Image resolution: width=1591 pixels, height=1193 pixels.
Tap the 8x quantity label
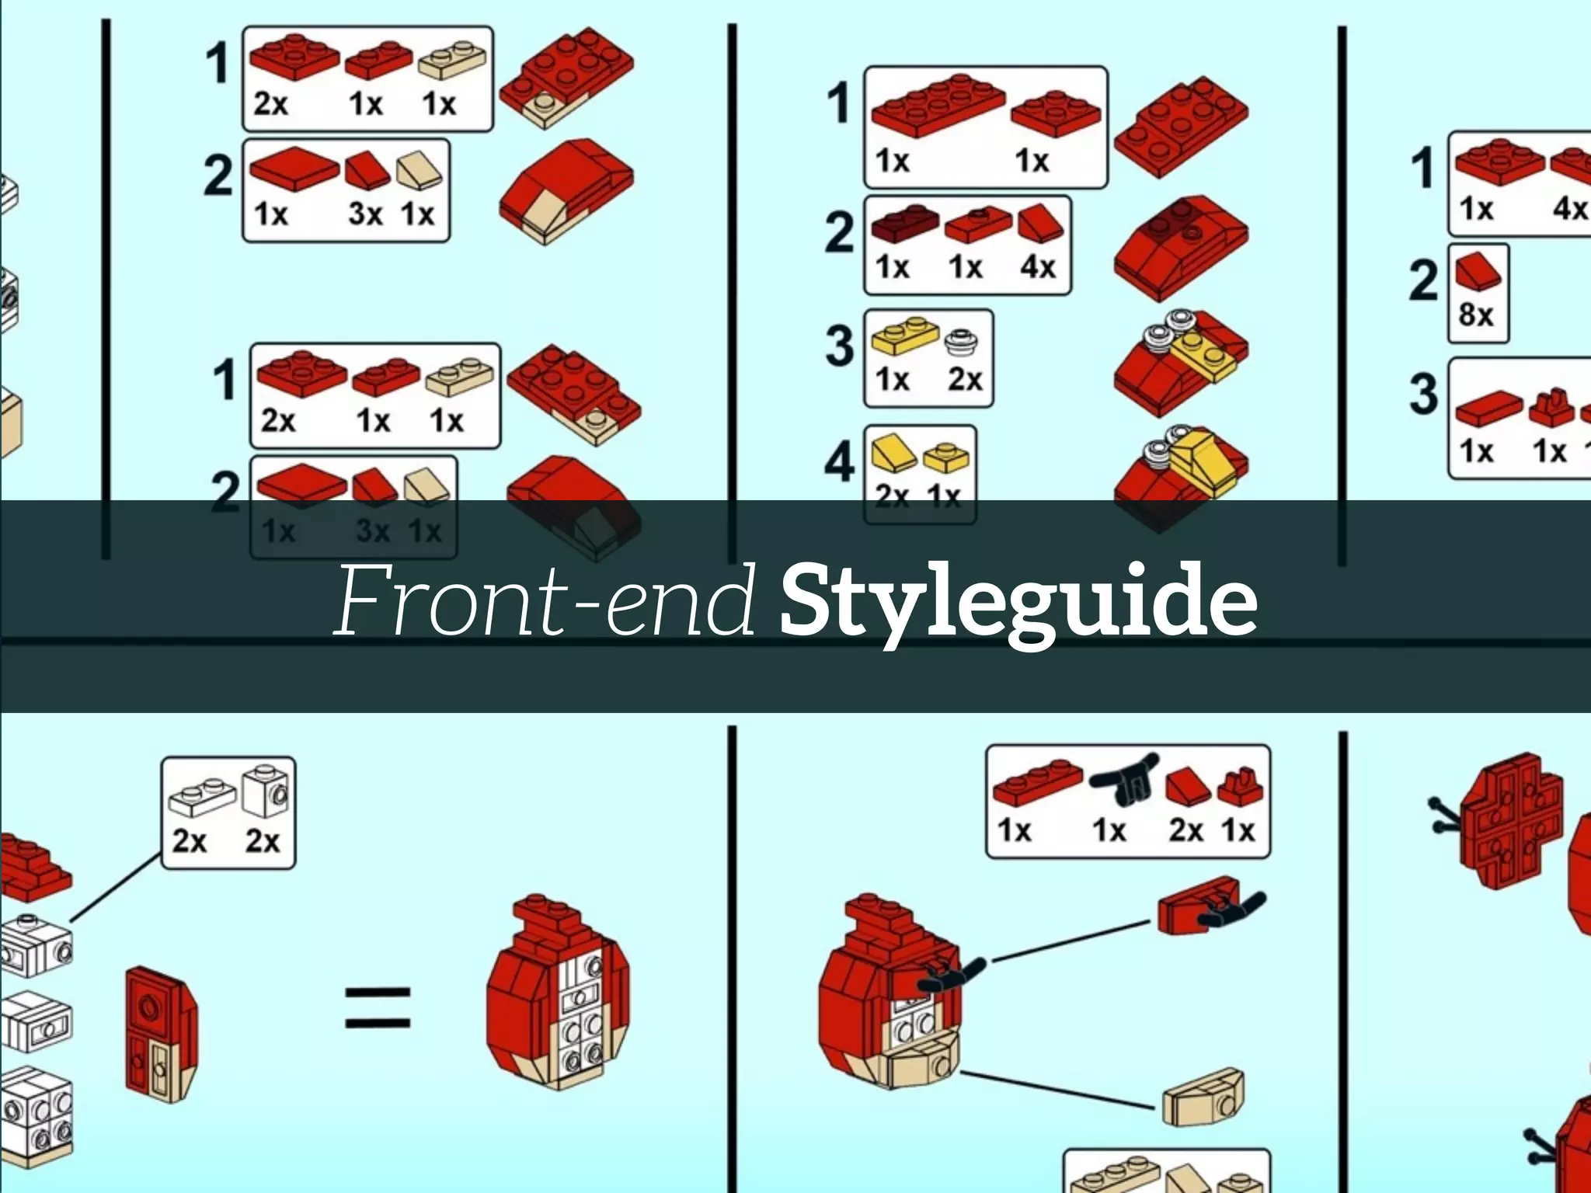pos(1475,315)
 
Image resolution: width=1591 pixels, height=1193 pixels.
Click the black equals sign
pos(378,1007)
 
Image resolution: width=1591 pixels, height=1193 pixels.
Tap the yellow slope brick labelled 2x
pos(893,454)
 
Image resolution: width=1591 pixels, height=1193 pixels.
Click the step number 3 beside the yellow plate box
pos(839,346)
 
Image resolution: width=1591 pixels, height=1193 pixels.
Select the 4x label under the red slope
pos(1038,267)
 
